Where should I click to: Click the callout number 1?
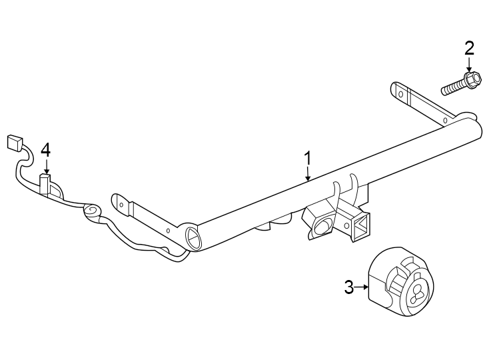(x=308, y=159)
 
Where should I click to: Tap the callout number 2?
(x=469, y=47)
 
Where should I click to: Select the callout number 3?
(x=348, y=287)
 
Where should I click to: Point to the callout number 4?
(x=45, y=149)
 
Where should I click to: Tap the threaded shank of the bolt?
(x=454, y=87)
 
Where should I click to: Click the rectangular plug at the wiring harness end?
(x=13, y=143)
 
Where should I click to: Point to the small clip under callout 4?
(x=45, y=185)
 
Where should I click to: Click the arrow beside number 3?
(x=364, y=287)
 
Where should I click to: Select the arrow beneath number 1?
(x=308, y=175)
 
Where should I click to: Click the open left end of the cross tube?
(x=192, y=237)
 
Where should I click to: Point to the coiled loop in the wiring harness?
(x=92, y=211)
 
